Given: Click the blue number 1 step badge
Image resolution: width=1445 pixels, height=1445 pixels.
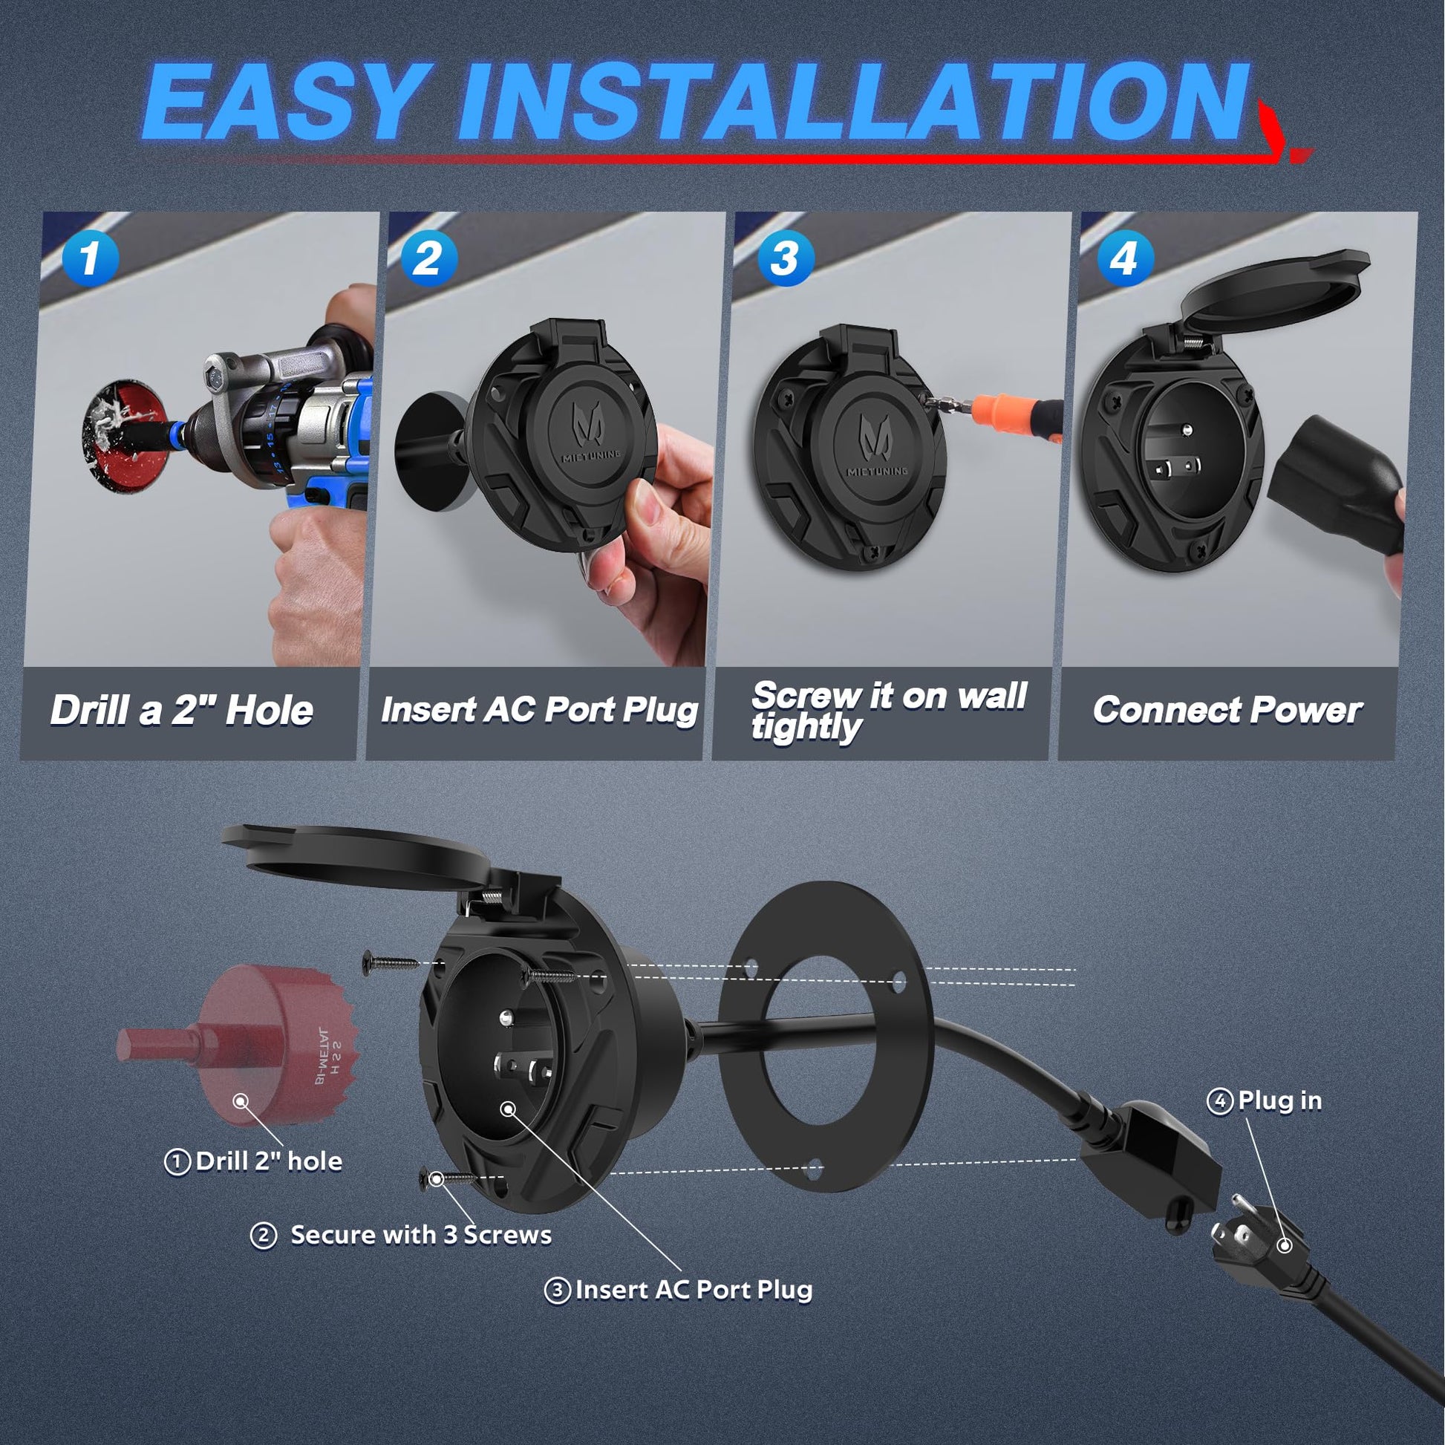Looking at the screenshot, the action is coord(90,258).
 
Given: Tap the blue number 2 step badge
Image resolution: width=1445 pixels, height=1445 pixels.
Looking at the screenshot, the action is coord(428,258).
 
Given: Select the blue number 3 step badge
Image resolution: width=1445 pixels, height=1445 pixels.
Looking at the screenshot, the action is coord(786,258).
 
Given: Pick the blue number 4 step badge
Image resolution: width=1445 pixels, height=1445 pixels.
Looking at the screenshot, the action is coord(1125,258).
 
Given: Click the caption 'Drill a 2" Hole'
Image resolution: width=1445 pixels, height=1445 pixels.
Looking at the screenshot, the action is coord(182,710).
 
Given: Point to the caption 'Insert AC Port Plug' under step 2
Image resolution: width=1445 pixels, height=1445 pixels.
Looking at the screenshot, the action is coord(539,710).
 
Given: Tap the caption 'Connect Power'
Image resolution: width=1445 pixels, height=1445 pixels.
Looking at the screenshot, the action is coord(1227,710).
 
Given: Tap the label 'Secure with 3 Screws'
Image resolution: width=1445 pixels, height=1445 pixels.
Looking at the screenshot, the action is coord(401,1234).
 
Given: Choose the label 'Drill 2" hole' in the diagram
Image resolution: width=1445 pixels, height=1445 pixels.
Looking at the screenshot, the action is coord(253,1161).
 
